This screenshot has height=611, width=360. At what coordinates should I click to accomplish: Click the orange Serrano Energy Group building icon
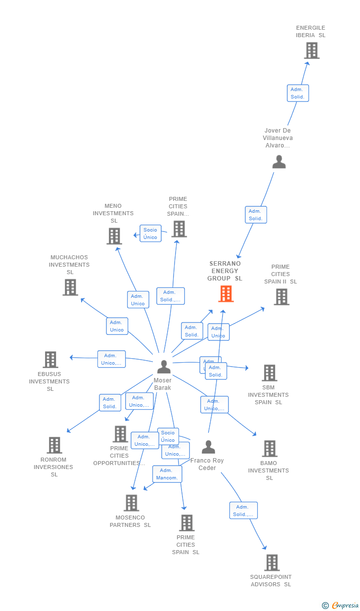(226, 294)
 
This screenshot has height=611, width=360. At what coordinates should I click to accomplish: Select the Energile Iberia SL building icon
(312, 50)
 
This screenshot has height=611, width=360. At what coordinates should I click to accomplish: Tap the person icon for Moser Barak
(164, 367)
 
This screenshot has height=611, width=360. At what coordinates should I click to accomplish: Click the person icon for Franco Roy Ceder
(208, 447)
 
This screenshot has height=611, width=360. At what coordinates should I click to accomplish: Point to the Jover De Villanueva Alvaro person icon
(279, 162)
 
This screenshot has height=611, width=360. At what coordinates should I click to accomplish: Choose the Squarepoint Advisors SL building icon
(271, 563)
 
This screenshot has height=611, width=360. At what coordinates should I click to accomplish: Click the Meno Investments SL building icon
(114, 236)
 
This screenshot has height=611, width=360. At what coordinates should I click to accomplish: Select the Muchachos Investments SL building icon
(70, 287)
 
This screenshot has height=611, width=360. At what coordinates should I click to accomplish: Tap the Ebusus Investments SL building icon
(50, 360)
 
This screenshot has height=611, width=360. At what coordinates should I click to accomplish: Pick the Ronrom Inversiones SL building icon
(54, 445)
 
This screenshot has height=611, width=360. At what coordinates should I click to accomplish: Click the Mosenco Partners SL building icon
(131, 503)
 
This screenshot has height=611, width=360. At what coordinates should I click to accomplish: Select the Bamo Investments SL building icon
(270, 449)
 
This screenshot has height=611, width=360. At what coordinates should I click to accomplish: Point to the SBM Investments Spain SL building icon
(270, 373)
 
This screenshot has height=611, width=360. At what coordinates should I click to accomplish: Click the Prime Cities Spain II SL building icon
(281, 297)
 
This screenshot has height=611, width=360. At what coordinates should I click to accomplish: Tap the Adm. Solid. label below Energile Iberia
(298, 93)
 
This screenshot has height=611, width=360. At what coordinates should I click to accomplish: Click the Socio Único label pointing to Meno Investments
(150, 234)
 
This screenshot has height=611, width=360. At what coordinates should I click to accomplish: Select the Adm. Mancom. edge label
(167, 474)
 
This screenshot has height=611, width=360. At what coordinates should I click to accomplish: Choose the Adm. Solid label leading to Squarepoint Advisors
(243, 511)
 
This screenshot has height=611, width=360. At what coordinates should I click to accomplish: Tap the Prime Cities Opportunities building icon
(120, 434)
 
